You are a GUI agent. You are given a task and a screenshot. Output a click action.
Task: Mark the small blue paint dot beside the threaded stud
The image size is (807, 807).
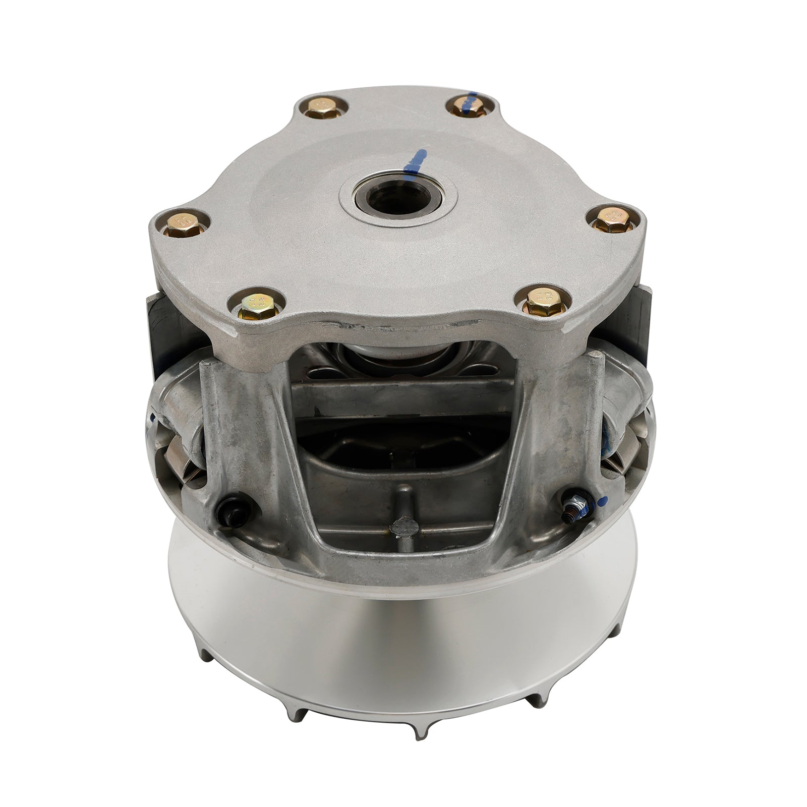603,502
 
